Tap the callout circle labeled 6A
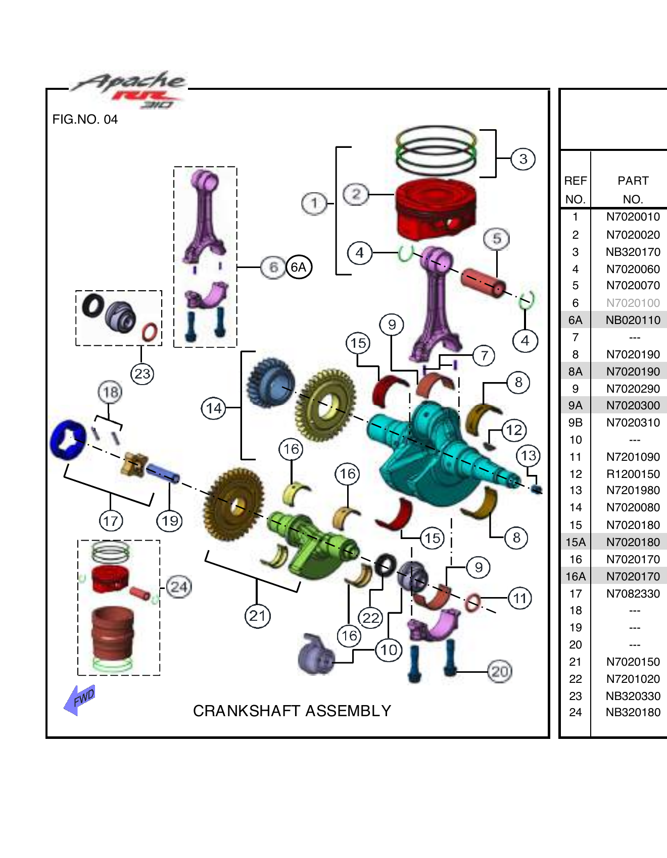[x=299, y=267]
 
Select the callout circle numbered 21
[x=257, y=616]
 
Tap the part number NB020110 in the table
[x=633, y=320]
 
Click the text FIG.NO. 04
[x=85, y=120]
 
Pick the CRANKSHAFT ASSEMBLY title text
[x=292, y=711]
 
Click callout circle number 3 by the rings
[x=523, y=159]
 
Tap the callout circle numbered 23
[x=142, y=374]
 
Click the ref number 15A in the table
[x=575, y=542]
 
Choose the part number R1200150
[x=633, y=474]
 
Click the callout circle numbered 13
[x=529, y=456]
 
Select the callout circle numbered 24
[x=179, y=587]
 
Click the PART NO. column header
[x=633, y=190]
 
